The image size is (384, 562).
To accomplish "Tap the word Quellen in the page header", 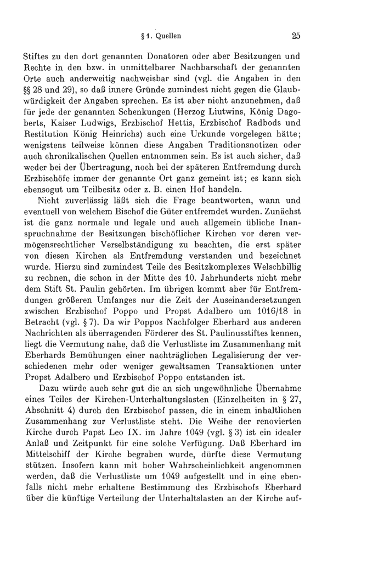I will [x=170, y=37].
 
